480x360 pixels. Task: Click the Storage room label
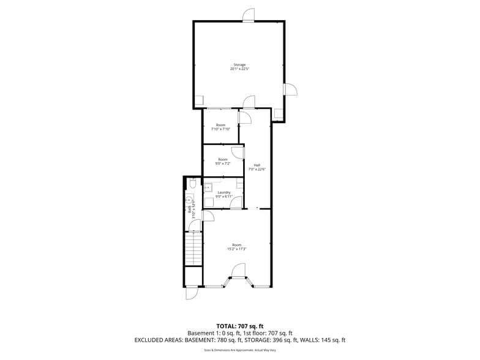click(x=239, y=64)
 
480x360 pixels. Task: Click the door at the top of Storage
click(x=248, y=15)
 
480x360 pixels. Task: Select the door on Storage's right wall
click(x=290, y=89)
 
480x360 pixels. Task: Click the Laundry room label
click(x=223, y=192)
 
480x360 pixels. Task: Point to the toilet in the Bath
click(x=192, y=182)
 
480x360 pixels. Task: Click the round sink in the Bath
click(x=189, y=200)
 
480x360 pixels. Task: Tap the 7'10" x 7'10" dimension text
click(x=220, y=129)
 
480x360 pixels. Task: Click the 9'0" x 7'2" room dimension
click(x=223, y=163)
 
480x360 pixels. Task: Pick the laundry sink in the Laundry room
click(x=208, y=187)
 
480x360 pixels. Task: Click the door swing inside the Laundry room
click(x=236, y=203)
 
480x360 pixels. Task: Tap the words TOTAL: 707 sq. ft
click(x=239, y=326)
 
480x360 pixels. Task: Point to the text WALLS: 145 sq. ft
click(x=328, y=339)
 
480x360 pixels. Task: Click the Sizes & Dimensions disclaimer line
click(x=239, y=350)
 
